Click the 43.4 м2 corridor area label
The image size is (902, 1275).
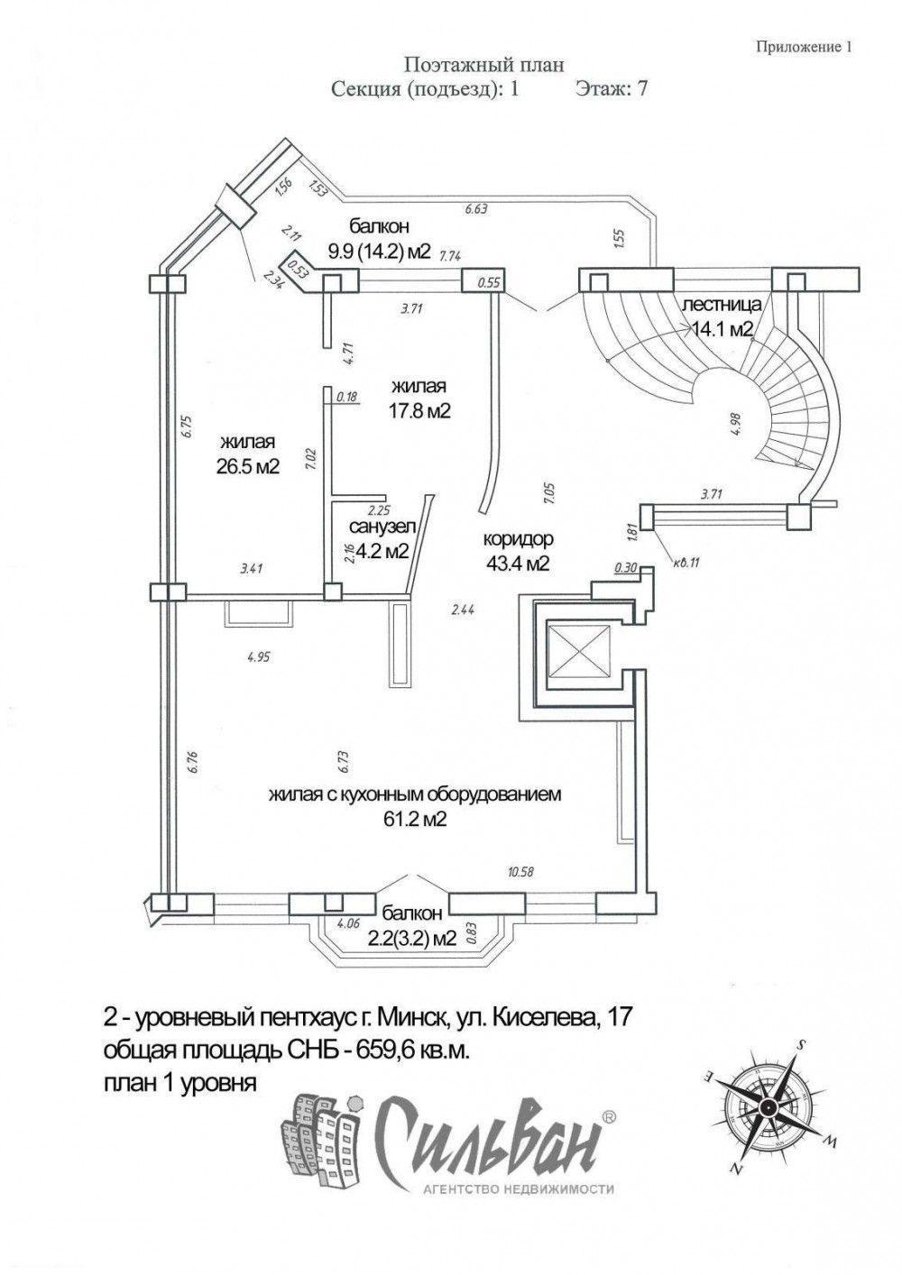(518, 564)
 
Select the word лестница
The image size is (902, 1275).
(722, 305)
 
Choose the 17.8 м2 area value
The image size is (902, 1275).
(419, 411)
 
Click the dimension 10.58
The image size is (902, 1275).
(521, 872)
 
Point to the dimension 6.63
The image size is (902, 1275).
(476, 209)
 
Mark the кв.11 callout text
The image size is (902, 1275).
(685, 564)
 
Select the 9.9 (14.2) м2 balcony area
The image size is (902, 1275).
(379, 251)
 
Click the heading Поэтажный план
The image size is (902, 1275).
(484, 65)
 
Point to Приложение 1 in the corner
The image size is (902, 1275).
(804, 47)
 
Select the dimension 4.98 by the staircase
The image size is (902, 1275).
(738, 423)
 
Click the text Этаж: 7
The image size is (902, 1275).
(611, 89)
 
